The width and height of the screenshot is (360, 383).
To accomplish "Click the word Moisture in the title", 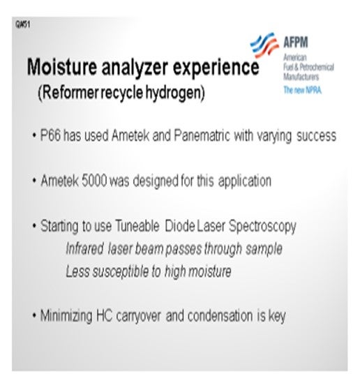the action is [62, 66].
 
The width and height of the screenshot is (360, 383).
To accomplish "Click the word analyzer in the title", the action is [135, 68].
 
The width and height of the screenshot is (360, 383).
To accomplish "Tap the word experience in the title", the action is [216, 68].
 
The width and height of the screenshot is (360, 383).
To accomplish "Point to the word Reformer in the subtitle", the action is [68, 92].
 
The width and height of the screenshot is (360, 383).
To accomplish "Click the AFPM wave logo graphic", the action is [264, 45].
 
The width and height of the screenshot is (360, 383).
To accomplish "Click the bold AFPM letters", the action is [296, 43].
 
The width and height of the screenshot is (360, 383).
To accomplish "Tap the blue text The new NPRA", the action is [302, 90].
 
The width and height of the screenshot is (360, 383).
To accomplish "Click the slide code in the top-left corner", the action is [22, 24].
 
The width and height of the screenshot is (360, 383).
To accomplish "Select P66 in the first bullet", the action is [50, 135].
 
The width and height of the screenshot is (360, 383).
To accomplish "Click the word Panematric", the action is [202, 135].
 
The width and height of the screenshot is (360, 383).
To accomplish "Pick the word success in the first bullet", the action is [317, 136].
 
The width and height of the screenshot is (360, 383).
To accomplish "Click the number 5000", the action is [94, 181].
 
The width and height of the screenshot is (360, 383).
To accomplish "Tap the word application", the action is [245, 181].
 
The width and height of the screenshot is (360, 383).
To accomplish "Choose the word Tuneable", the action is [137, 226].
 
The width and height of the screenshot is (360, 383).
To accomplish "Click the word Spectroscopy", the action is [262, 227].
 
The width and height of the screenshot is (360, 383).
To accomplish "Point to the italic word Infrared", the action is [85, 248].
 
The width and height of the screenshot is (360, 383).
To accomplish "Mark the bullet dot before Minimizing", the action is [34, 315].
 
